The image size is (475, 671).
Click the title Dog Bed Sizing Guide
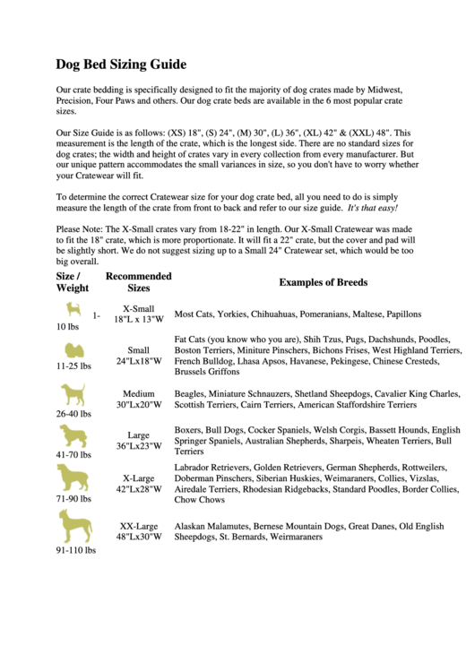click(121, 65)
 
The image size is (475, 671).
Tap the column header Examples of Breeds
click(323, 282)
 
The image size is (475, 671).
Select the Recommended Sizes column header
click(138, 282)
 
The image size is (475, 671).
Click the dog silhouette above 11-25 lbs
click(72, 349)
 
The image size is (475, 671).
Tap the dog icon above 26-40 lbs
click(73, 394)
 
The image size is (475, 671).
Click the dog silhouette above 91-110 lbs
click(74, 526)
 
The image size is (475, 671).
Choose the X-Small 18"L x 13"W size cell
click(138, 313)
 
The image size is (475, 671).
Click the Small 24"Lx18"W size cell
click(138, 356)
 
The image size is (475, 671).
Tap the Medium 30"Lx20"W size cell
click(138, 399)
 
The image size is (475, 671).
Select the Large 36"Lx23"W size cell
click(138, 440)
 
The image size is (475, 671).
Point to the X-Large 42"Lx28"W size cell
click(138, 484)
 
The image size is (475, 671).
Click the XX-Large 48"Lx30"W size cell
click(138, 531)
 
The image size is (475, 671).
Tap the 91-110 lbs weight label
click(75, 551)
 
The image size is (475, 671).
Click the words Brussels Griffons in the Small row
click(207, 371)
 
